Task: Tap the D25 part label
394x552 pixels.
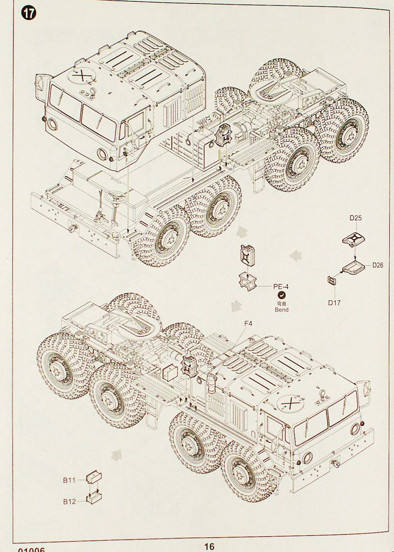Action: pos(355,218)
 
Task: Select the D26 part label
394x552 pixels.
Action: pos(377,265)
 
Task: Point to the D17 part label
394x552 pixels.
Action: pos(334,302)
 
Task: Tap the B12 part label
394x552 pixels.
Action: pos(70,501)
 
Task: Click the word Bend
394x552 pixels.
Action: pos(281,310)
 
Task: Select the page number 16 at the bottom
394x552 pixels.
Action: pos(209,546)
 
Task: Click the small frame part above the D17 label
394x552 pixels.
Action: pos(333,279)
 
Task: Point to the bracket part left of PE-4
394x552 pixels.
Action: pos(248,281)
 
